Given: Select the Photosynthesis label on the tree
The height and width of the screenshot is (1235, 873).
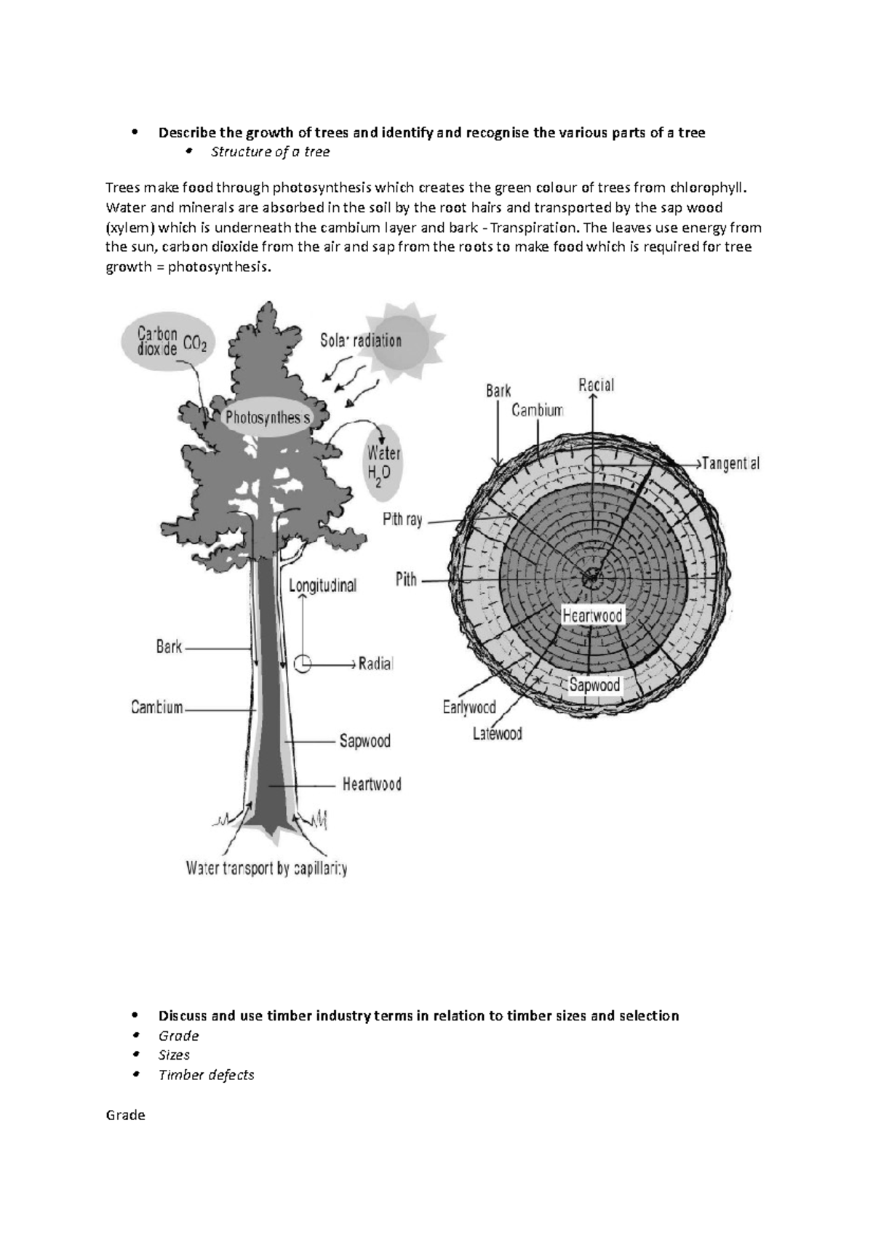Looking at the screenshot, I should (267, 418).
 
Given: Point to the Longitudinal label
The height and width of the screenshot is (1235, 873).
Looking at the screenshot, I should (323, 585).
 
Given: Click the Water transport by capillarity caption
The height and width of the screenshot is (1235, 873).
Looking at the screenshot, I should (266, 868).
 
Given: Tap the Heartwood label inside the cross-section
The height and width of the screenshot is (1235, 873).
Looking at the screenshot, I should (593, 616).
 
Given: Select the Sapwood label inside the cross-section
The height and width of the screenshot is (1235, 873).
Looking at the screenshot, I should (594, 685).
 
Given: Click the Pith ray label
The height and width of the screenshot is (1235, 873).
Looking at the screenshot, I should (402, 520).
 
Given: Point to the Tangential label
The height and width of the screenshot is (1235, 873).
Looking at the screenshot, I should (730, 463).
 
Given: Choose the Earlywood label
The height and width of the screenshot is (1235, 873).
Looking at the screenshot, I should (469, 707).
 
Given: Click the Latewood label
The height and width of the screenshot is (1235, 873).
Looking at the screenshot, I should (498, 734).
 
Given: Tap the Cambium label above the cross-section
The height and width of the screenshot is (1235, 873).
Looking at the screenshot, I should (538, 410).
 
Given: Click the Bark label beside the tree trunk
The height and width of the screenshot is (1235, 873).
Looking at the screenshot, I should (169, 647).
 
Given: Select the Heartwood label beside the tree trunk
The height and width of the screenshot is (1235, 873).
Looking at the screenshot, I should (372, 785).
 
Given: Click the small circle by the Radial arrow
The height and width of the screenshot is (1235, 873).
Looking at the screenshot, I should (303, 663).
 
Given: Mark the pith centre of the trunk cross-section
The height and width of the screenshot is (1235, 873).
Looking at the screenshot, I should (591, 578).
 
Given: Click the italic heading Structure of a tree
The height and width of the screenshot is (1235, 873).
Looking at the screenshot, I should (270, 152).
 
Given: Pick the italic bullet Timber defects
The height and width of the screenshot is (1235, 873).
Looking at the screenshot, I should (207, 1075).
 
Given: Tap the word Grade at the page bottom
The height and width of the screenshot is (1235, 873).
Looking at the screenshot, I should (125, 1115).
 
